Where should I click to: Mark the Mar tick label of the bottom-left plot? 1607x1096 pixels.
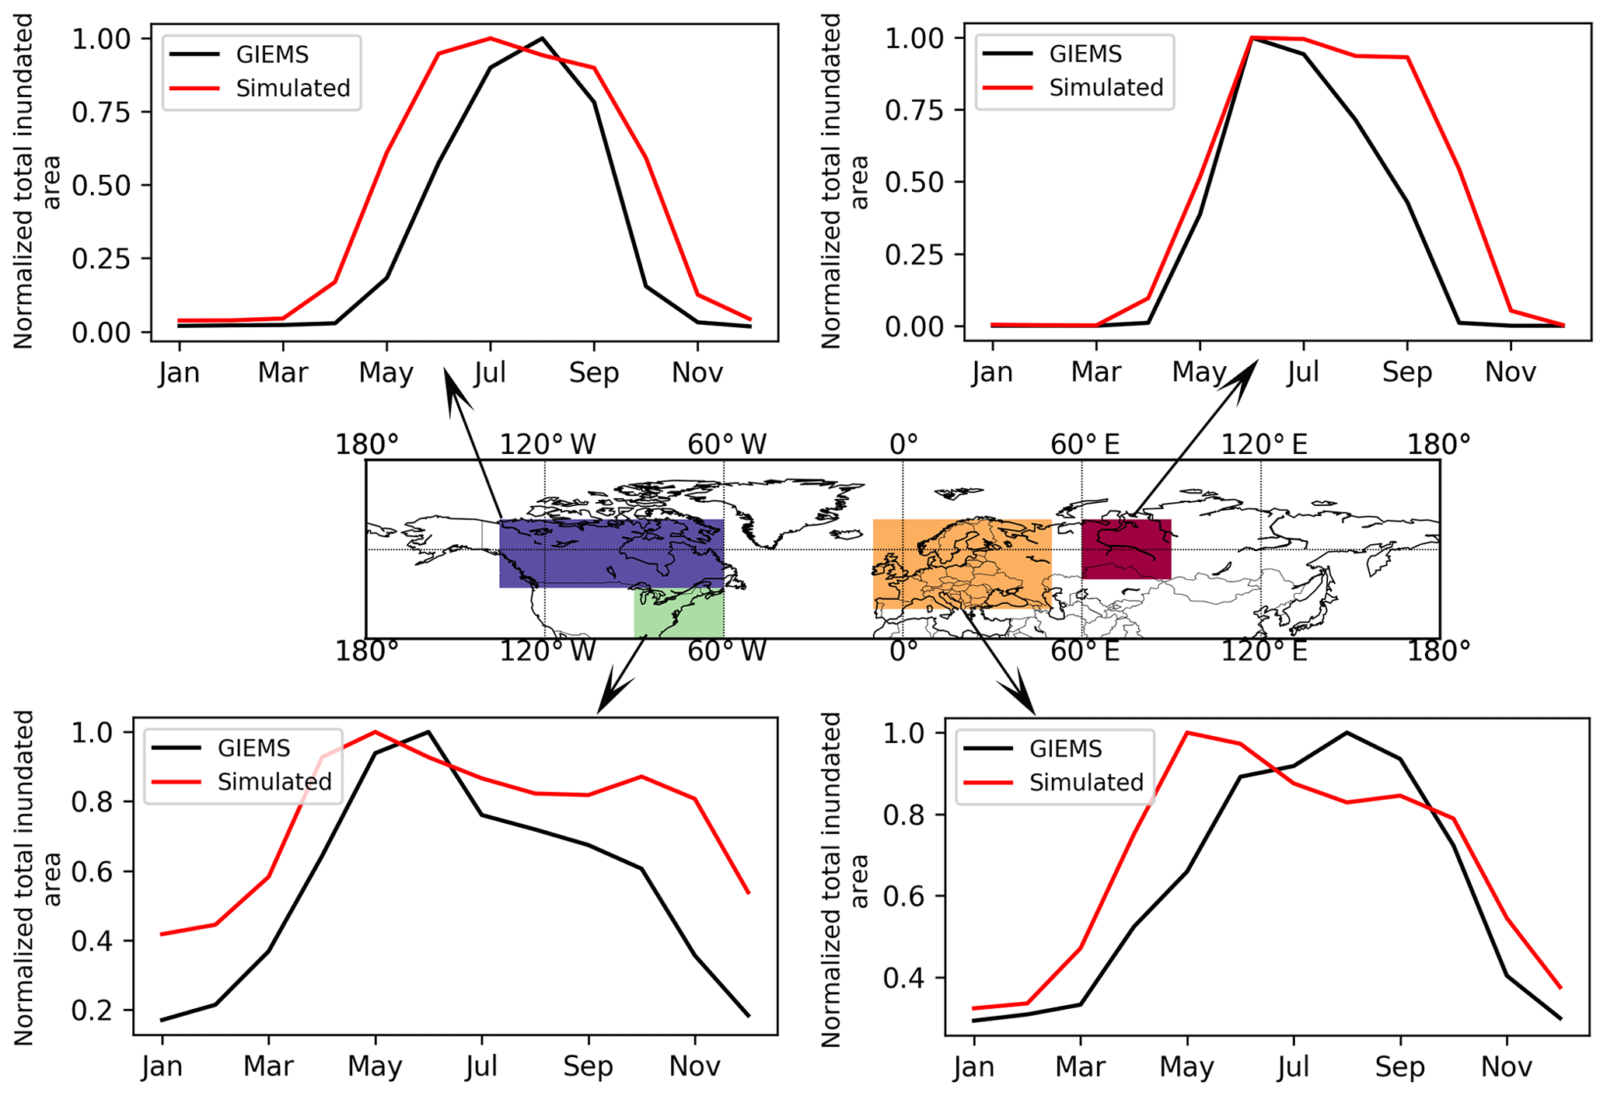(268, 1066)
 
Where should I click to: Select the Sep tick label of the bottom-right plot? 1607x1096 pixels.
(1399, 1067)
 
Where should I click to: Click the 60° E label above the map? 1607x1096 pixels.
(1085, 445)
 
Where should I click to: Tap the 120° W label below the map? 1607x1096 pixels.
(547, 651)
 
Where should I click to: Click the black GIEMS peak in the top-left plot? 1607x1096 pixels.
(541, 38)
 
